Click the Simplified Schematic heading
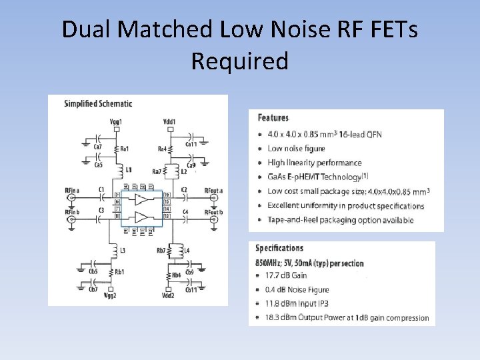98,103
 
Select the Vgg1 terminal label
116,122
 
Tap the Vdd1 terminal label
169,122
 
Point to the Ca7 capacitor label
97,147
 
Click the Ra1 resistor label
125,148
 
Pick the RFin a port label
72,190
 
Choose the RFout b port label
213,212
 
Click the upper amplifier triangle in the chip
141,199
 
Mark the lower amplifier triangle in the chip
141,217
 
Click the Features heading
273,118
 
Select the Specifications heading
279,248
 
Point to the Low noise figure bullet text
296,149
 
